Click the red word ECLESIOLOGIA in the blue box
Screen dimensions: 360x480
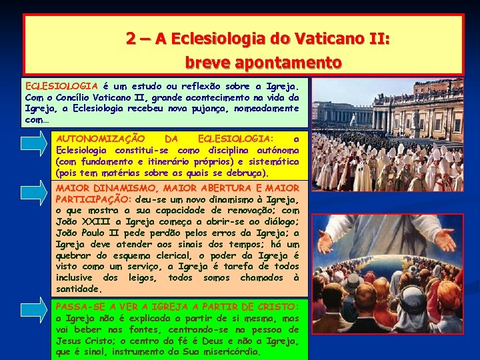(x=61, y=86)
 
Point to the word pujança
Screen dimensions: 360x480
(x=231, y=108)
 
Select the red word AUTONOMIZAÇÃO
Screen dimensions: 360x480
(x=101, y=139)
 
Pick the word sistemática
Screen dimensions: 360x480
(x=273, y=161)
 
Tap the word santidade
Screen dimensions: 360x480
(x=79, y=289)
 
